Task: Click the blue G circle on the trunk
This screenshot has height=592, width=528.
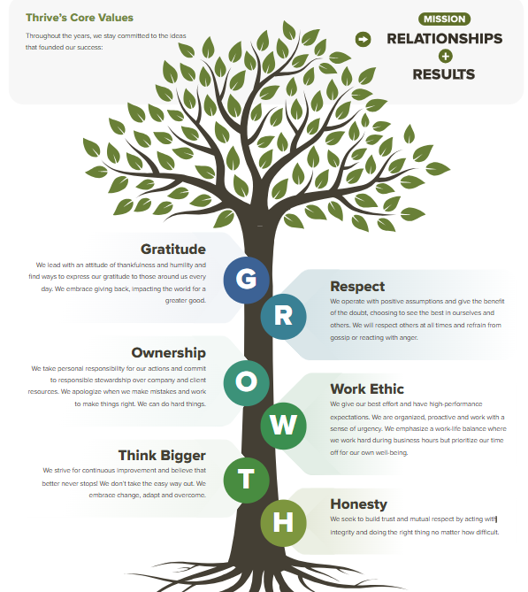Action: [247, 280]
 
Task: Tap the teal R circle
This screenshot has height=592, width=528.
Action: [283, 317]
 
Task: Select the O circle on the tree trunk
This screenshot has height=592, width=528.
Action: [247, 382]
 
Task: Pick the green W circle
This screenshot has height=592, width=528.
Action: [283, 426]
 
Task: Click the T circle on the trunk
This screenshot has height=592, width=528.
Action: [247, 480]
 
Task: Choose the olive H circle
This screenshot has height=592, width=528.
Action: [283, 523]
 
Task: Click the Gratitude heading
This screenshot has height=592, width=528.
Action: [173, 250]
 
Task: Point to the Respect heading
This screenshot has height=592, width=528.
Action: [357, 287]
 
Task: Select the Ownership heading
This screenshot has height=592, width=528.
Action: [169, 352]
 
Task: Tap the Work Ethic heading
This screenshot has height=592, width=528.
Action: [367, 388]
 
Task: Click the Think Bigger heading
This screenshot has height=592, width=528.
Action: [162, 456]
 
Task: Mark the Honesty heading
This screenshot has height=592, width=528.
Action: [359, 504]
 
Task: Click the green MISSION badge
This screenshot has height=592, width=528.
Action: [444, 19]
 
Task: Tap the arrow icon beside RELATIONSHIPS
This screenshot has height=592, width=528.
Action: [363, 39]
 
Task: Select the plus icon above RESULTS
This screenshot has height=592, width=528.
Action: [446, 57]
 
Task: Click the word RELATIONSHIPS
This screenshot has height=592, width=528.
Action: [445, 39]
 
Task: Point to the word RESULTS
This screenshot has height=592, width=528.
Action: [444, 74]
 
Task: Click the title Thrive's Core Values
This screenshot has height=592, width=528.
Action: [80, 18]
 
